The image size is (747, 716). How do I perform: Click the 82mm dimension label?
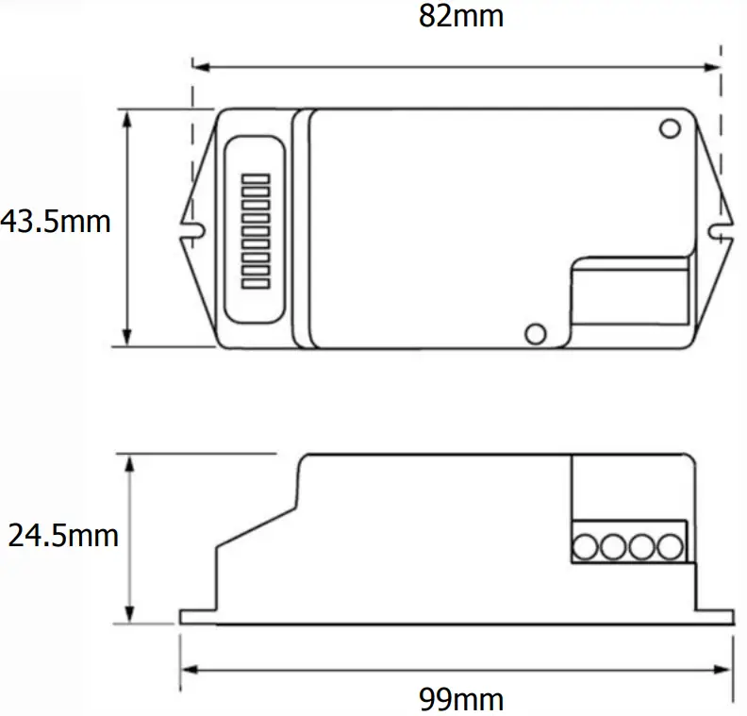pyautogui.click(x=461, y=17)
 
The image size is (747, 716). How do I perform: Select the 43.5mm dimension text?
pyautogui.click(x=56, y=222)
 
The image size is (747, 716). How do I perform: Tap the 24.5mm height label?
pyautogui.click(x=63, y=536)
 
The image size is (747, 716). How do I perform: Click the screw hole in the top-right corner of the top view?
pyautogui.click(x=670, y=127)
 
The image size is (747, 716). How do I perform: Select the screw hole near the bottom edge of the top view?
pyautogui.click(x=535, y=332)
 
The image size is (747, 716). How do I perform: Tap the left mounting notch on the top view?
pyautogui.click(x=195, y=227)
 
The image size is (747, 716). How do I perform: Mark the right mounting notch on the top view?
pyautogui.click(x=718, y=227)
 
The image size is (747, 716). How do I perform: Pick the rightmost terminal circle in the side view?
pyautogui.click(x=670, y=547)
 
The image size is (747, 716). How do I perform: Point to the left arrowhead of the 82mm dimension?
pyautogui.click(x=199, y=66)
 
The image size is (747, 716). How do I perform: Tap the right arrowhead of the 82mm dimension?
pyautogui.click(x=714, y=66)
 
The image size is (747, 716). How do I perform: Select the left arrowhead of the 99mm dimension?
pyautogui.click(x=186, y=670)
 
